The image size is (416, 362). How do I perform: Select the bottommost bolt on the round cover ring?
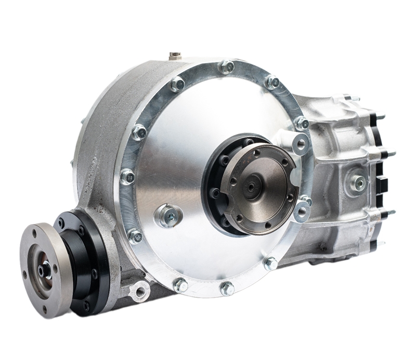(227, 288)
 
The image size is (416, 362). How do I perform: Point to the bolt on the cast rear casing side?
(358, 182)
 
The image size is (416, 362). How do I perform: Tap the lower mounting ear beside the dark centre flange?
(302, 211)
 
